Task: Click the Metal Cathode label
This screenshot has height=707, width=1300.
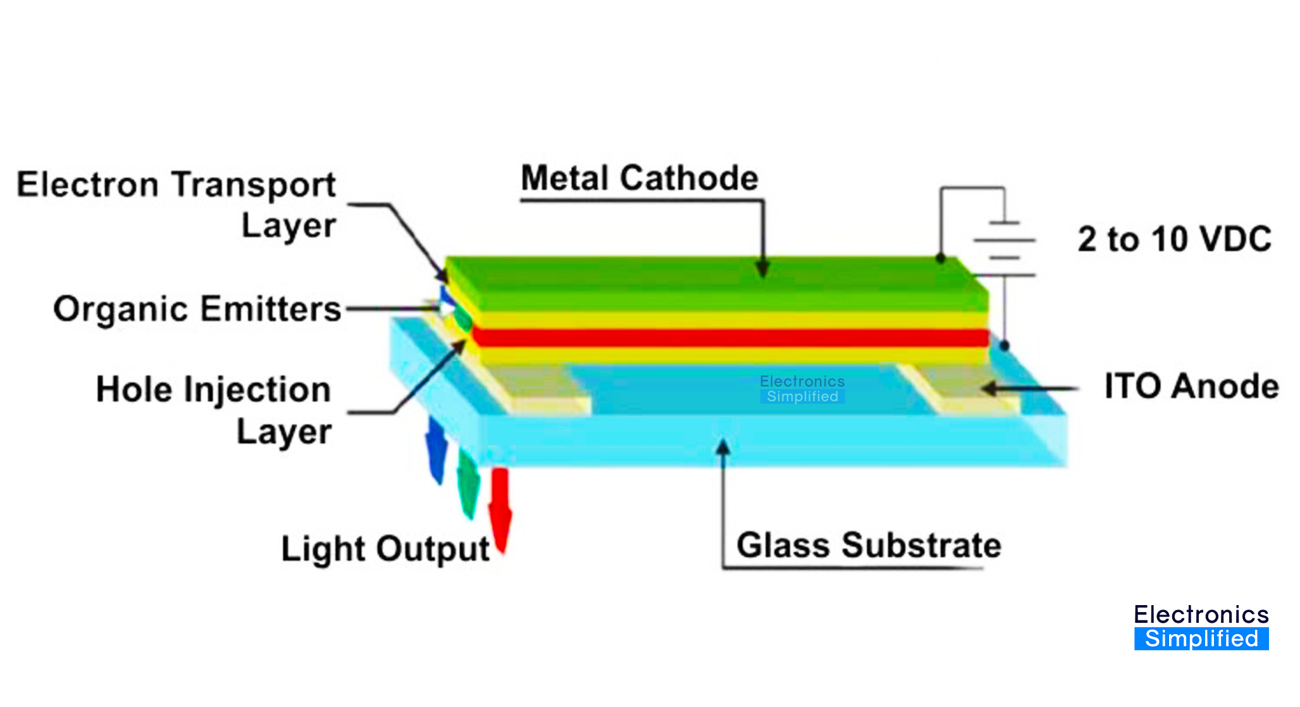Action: click(x=640, y=178)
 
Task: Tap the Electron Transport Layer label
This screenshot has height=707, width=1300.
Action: click(x=176, y=204)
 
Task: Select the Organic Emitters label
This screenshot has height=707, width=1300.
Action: click(x=197, y=309)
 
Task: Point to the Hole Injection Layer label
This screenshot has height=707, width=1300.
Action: click(x=214, y=410)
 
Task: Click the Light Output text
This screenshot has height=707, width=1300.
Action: click(x=385, y=548)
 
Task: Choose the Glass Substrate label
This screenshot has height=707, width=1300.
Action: click(x=869, y=545)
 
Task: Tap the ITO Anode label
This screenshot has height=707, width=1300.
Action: click(x=1191, y=386)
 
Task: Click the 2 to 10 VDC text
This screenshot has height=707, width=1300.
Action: click(x=1174, y=239)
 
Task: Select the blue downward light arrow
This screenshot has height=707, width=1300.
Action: click(x=436, y=449)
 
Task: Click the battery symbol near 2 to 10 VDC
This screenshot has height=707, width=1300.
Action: click(x=1005, y=248)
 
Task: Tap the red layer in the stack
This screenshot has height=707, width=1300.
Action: click(x=727, y=337)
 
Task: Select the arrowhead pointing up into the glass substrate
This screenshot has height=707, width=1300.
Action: click(x=723, y=448)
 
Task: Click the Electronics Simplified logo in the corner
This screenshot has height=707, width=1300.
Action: click(x=1201, y=627)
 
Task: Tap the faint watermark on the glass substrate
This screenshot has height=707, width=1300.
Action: click(x=802, y=389)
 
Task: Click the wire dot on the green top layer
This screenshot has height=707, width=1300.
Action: click(x=941, y=258)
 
